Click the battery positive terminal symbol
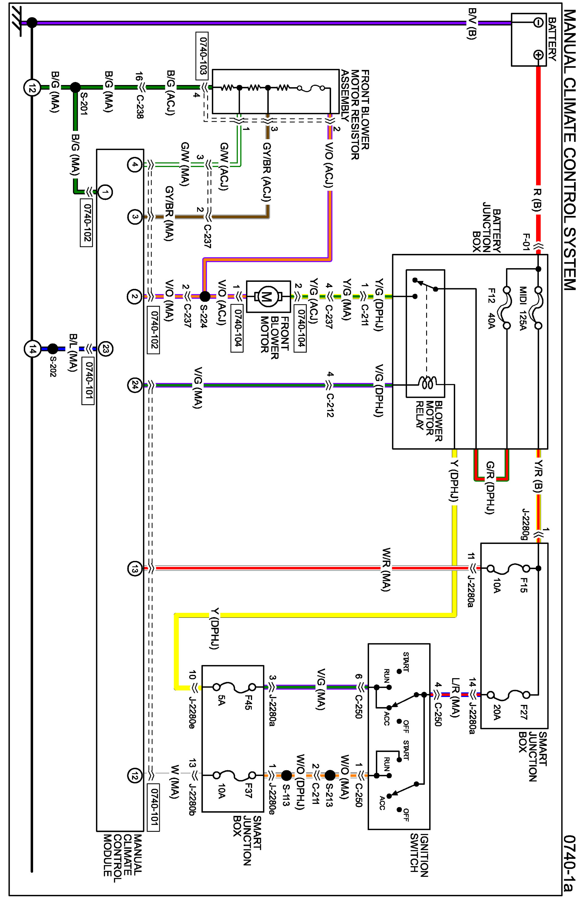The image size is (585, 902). coord(538,55)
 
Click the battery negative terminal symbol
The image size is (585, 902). coord(538,23)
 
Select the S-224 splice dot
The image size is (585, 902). coord(205,296)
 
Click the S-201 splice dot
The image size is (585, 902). coord(75,87)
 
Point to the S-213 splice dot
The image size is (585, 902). coord(330,775)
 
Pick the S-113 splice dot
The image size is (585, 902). coord(287,775)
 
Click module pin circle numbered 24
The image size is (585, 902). coord(135,385)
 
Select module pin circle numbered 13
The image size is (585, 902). coord(135,569)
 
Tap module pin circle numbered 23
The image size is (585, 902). coord(105,349)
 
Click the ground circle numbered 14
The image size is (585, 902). coord(32,349)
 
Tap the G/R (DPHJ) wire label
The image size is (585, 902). coord(490,487)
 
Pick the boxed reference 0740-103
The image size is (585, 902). coord(203,55)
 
